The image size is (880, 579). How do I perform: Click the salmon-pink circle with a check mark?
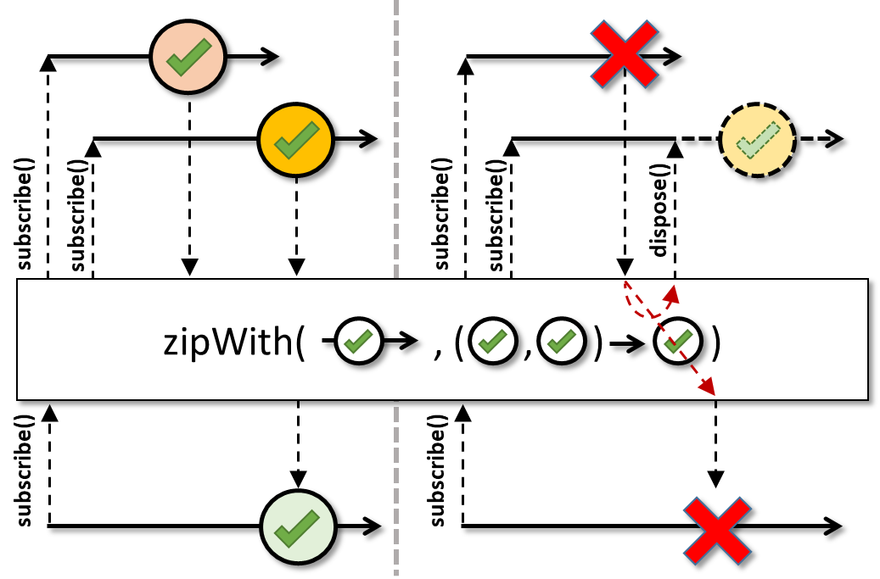click(x=187, y=58)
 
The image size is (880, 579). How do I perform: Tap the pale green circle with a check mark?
click(x=298, y=526)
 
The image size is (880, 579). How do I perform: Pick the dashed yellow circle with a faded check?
click(x=757, y=139)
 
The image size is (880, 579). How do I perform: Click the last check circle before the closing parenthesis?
click(x=676, y=342)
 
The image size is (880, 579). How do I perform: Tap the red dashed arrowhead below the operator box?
click(x=707, y=389)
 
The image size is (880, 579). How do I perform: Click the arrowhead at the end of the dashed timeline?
click(x=835, y=139)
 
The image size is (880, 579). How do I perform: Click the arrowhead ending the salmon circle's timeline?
click(x=271, y=58)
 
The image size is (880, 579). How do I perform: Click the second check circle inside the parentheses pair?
click(x=561, y=342)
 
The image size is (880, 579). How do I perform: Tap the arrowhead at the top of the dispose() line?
click(x=675, y=150)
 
